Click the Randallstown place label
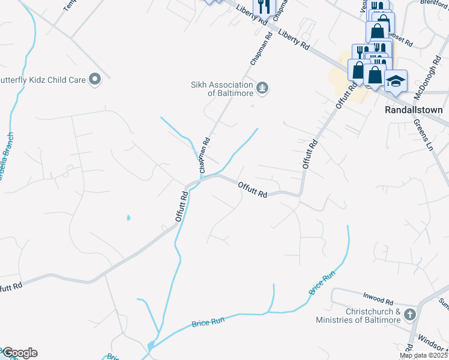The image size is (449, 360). click(x=413, y=110)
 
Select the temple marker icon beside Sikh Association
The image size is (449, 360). click(x=262, y=89)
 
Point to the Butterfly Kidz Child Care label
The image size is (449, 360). click(x=42, y=79)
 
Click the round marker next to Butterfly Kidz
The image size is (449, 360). click(x=94, y=79)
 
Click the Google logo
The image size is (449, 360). click(x=20, y=353)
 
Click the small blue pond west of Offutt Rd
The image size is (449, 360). click(x=128, y=218)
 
